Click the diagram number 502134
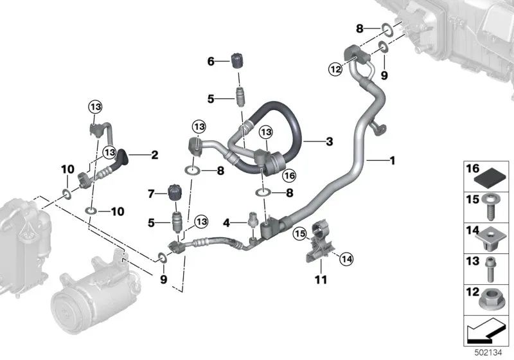pos(488,353)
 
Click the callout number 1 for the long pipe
pos(392,161)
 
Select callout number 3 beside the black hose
pos(330,141)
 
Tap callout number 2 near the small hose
pos(154,155)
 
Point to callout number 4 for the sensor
pos(227,223)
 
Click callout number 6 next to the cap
pos(211,61)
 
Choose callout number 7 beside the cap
pos(151,194)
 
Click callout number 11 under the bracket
pos(321,280)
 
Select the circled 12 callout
pos(335,69)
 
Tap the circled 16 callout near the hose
pos(290,175)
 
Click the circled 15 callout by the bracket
pos(299,234)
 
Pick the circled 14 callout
pos(346,259)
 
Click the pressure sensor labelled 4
pos(253,219)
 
